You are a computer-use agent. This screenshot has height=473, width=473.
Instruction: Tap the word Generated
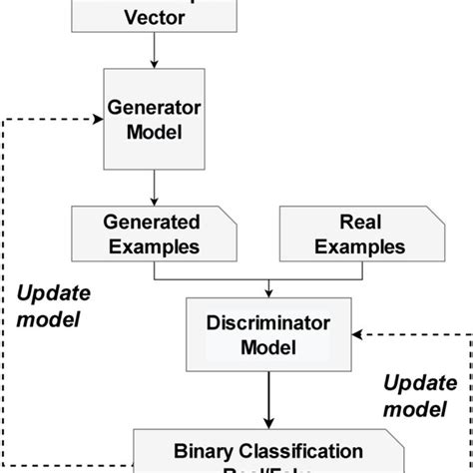(151, 222)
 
